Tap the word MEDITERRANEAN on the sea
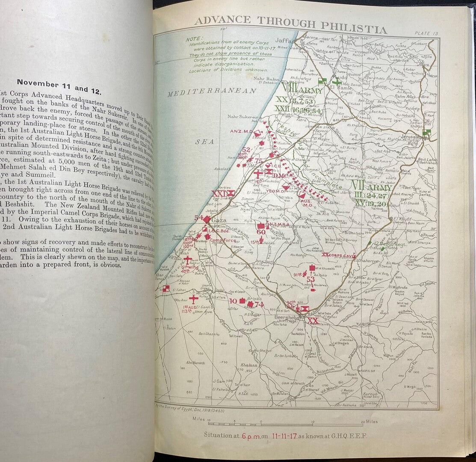pos(212,91)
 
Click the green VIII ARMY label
pos(299,90)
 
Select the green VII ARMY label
pos(371,187)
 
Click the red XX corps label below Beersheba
pos(313,320)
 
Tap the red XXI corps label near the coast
pos(221,193)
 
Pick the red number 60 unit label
pos(261,232)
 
